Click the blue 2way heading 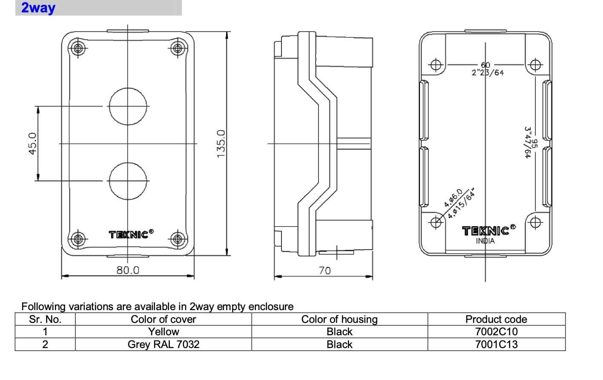coord(38,8)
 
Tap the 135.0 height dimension coord(221,144)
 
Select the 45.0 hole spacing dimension coord(32,144)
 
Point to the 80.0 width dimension coord(128,270)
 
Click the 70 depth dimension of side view coord(324,271)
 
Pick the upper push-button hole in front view coord(128,106)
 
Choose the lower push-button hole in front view coord(128,181)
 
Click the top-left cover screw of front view coord(78,48)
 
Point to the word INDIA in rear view coord(485,241)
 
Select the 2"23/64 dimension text coord(488,72)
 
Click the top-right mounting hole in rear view coord(535,65)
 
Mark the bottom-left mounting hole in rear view coord(436,222)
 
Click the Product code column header coord(496,320)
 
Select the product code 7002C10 coord(496,332)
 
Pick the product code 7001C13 coord(496,344)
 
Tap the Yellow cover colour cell coord(163,332)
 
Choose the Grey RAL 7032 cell coord(163,344)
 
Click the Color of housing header coord(339,320)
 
